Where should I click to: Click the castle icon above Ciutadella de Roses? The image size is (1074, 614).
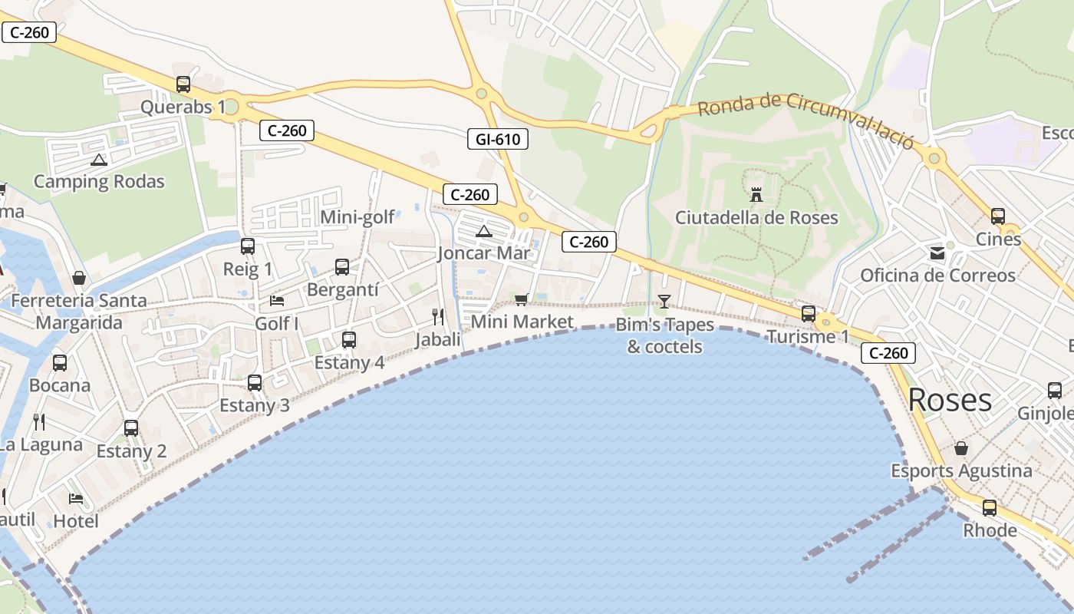(x=756, y=195)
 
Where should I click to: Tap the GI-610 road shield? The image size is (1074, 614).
(x=498, y=139)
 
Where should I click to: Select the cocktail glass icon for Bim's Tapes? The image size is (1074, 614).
(x=664, y=302)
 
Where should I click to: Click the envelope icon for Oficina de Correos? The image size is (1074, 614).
(x=937, y=253)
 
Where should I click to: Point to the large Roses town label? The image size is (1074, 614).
(x=950, y=400)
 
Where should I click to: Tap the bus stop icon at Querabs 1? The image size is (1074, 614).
(x=183, y=84)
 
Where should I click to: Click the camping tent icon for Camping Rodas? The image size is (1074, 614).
(x=98, y=160)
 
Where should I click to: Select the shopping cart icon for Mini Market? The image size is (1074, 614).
(x=522, y=299)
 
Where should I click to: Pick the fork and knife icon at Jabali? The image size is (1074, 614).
(x=438, y=316)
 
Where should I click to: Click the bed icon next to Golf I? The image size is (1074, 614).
(x=277, y=300)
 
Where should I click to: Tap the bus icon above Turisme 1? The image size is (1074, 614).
(x=809, y=313)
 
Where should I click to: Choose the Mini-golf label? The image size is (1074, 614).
(x=357, y=217)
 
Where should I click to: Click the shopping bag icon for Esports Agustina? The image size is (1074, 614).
(x=961, y=448)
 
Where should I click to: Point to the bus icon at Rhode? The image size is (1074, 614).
(x=990, y=507)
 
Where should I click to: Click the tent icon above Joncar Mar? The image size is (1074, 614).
(x=483, y=231)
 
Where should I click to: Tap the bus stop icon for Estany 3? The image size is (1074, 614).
(x=255, y=382)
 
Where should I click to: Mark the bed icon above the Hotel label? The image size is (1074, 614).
(x=76, y=499)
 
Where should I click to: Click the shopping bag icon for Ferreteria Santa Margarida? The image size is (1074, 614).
(x=78, y=278)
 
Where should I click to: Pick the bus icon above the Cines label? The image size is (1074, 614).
(x=998, y=216)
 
